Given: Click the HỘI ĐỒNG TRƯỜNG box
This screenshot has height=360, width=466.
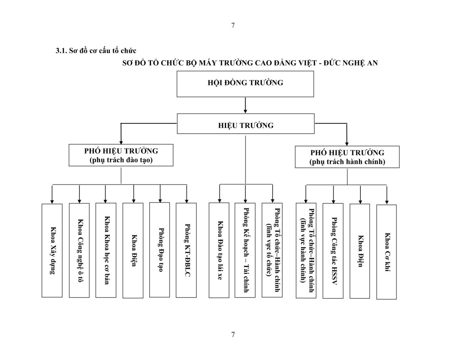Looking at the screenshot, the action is point(245,84).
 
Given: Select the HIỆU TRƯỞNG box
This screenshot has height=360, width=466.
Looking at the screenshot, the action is point(246,124).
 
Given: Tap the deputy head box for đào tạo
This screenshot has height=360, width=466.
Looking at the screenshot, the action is point(121,155).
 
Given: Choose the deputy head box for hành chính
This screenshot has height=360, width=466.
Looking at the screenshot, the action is point(347,157).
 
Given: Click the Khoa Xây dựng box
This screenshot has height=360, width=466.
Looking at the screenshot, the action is point(52,250).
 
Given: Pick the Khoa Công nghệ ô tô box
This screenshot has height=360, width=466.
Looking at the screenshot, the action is point(79,250).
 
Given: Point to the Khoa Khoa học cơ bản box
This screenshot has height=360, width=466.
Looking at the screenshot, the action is point(106,250).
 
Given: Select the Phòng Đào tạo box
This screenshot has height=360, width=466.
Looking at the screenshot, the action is point(160,250).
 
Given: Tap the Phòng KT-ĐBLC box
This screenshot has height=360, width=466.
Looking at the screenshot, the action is point(186,250).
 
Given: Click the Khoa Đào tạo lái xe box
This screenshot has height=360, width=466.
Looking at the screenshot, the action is point(219,250).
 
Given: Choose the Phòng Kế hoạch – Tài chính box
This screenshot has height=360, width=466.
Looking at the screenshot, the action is point(245,250).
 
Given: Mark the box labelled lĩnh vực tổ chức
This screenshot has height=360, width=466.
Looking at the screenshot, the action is point(272,250).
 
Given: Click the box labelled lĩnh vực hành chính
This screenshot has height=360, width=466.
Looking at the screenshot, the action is point(306,250).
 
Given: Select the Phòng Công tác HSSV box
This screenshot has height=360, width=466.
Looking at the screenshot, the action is point(333,251).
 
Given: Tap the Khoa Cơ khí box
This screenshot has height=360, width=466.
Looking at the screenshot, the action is point(387,252).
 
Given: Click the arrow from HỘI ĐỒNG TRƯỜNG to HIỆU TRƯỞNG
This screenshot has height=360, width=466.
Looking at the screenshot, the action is point(245,105).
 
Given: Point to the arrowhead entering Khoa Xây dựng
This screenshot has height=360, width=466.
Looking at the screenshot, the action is point(52,202).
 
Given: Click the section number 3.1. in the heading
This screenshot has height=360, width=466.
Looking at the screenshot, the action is point(61,51).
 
